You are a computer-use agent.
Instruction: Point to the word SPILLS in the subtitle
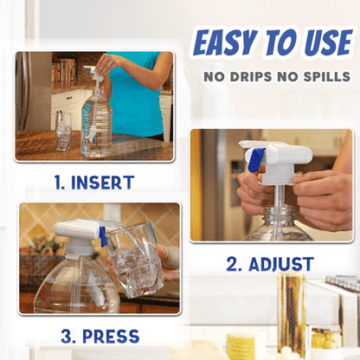coord(324,78)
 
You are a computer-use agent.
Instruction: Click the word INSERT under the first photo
coord(102,183)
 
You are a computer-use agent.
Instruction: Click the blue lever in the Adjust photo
coord(255,159)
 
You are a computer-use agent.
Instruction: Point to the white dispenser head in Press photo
coord(74,229)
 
